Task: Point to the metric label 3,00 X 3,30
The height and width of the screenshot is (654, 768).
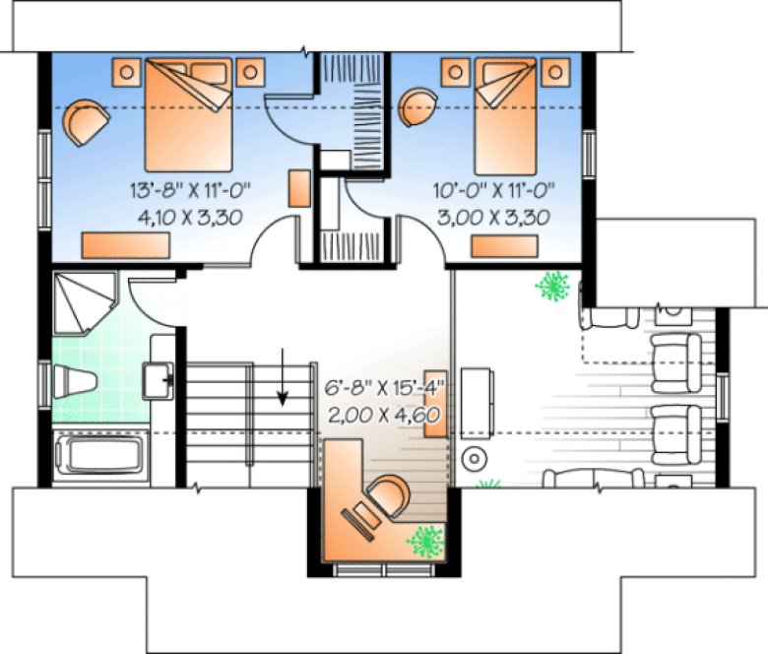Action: click(494, 217)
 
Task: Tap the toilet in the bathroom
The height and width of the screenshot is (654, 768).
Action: click(76, 380)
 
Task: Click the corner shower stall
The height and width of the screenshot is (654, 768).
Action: click(85, 301)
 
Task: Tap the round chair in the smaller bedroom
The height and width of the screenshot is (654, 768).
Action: click(419, 103)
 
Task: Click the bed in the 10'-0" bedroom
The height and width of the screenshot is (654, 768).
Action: click(508, 113)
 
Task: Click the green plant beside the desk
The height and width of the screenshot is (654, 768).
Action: click(427, 541)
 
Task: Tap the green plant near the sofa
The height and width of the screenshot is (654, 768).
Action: click(552, 287)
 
